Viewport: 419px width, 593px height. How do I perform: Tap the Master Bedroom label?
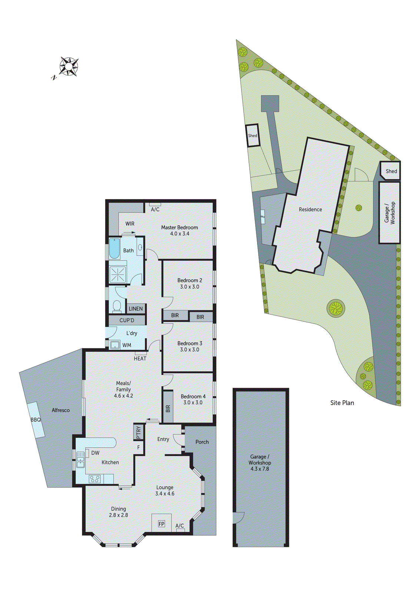click(179, 228)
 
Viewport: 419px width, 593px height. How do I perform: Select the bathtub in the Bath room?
click(114, 248)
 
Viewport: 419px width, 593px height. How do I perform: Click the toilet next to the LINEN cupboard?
click(117, 307)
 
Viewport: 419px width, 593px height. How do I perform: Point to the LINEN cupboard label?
click(136, 309)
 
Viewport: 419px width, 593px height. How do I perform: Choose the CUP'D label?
click(127, 320)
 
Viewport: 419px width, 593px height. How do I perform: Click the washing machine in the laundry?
click(115, 345)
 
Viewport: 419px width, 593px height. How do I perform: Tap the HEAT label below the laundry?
click(140, 358)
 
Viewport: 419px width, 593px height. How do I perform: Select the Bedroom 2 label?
click(190, 281)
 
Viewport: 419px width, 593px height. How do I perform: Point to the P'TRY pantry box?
click(139, 432)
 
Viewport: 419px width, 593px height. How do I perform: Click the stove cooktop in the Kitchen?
click(94, 479)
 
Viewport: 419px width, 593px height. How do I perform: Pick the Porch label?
click(202, 442)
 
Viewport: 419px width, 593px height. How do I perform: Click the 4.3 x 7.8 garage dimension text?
click(260, 469)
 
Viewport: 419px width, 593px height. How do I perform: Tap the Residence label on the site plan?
click(310, 209)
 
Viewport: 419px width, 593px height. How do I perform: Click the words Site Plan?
click(342, 403)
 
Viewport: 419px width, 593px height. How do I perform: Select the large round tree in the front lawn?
click(336, 308)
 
